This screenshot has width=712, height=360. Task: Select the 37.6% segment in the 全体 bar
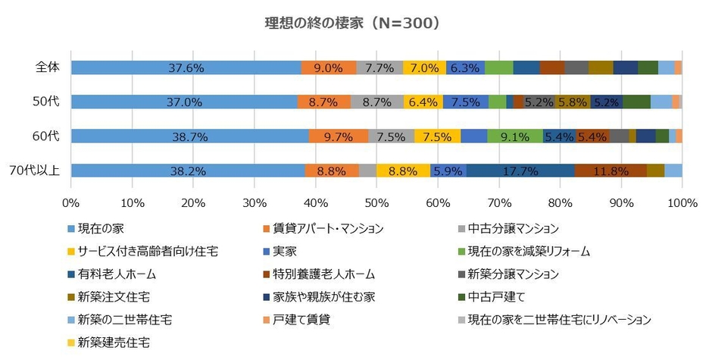[186, 67]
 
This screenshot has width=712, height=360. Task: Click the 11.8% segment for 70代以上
[610, 171]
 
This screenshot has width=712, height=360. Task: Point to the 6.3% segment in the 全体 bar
[465, 67]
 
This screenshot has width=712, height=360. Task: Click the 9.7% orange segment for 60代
[338, 136]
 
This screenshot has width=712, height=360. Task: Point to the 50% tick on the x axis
[376, 202]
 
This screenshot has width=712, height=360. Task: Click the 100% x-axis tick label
[682, 202]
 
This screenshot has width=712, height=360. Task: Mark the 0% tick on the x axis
[71, 202]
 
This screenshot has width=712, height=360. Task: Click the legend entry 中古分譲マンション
[514, 228]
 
